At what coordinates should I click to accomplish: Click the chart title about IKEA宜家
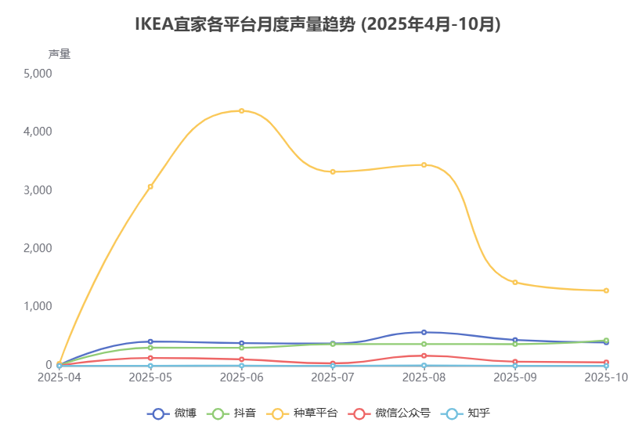(317, 24)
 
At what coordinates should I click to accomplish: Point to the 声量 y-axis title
(59, 54)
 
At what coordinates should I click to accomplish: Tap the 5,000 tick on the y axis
(38, 74)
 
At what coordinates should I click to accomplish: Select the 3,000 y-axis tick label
(38, 190)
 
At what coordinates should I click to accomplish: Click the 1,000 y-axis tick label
(38, 306)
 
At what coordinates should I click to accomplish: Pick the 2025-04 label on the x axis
(60, 377)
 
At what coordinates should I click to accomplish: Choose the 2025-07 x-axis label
(333, 377)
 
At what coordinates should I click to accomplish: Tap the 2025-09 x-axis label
(515, 377)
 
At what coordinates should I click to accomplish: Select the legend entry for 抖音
(233, 413)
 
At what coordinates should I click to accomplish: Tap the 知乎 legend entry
(465, 413)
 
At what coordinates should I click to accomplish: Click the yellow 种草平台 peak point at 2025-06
(241, 110)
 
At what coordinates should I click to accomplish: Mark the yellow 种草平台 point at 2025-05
(150, 186)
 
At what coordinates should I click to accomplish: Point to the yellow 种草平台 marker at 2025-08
(424, 164)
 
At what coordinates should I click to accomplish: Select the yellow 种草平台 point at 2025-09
(515, 282)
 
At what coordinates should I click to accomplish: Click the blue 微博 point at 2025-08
(424, 332)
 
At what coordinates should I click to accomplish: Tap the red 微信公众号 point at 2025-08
(424, 356)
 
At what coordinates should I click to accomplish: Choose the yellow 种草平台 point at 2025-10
(606, 291)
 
